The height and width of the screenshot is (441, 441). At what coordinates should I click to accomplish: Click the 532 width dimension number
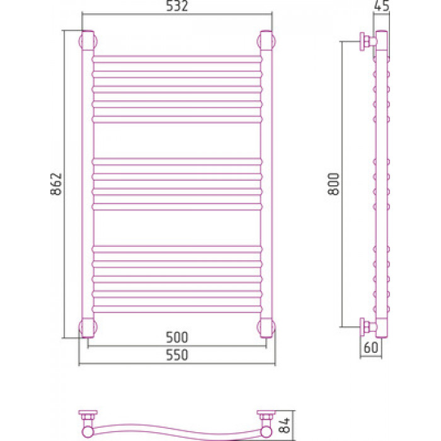pos(176,6)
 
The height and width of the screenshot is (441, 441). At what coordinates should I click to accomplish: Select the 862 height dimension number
pos(56,184)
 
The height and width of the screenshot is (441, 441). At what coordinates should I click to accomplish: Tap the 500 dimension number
pos(176,337)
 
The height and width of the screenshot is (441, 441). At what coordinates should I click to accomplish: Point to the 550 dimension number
pos(176,355)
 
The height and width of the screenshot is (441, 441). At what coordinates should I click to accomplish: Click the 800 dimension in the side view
pos(334,184)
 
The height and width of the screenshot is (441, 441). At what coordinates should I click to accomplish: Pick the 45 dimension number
pos(382,6)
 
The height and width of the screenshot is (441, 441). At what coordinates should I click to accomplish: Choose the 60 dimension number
pos(371,347)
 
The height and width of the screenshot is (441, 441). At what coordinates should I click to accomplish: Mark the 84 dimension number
pos(284,425)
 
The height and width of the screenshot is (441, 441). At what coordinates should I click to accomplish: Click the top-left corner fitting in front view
pos(88,40)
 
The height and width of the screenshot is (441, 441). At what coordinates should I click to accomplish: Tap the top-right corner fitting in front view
pos(266,40)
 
